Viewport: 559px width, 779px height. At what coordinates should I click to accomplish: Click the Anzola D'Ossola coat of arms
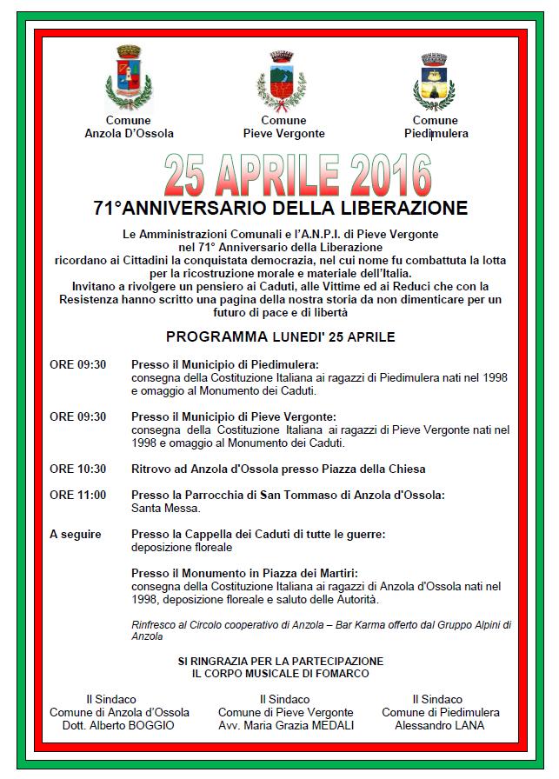coord(128,77)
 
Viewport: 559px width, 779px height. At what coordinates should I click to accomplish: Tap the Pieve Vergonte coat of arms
coord(283,80)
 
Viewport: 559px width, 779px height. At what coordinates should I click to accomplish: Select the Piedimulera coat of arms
coord(435,80)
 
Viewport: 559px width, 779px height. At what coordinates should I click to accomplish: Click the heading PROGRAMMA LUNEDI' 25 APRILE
coord(281,336)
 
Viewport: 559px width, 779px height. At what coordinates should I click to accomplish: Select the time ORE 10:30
coord(77,469)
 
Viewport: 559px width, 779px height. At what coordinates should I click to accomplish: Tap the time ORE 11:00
coord(77,495)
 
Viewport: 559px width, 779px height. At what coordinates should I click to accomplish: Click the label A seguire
coord(75,533)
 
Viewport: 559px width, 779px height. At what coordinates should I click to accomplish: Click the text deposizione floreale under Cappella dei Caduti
coord(182,548)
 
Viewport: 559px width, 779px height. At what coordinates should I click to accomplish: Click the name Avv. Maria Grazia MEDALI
coord(286,725)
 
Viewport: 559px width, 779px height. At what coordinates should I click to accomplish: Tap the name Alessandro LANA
coord(440,725)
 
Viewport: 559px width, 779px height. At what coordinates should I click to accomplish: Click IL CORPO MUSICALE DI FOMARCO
coord(281,674)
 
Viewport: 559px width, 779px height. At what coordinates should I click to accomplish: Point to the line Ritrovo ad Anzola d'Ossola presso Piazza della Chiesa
coord(278,469)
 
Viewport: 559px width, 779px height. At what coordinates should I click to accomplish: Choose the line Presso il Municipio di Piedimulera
coord(224,364)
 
